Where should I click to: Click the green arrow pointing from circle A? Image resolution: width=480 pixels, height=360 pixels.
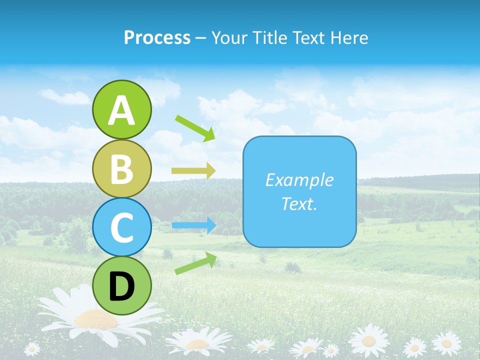(195, 127)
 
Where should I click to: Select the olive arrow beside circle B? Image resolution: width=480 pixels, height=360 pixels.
(193, 170)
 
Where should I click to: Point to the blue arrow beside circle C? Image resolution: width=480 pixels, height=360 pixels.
(193, 225)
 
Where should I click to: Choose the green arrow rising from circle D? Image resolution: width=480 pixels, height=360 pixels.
(195, 263)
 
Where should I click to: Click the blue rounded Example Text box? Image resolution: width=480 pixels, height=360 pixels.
(299, 192)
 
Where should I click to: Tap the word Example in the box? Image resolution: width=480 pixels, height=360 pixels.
(299, 180)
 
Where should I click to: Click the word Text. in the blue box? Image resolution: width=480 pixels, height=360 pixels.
(299, 204)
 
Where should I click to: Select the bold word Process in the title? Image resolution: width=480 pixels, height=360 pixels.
(157, 37)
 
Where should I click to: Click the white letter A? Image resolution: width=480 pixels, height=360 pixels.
(121, 110)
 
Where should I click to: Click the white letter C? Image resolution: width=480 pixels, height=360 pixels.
(121, 228)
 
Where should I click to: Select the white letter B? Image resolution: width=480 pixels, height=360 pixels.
(121, 169)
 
